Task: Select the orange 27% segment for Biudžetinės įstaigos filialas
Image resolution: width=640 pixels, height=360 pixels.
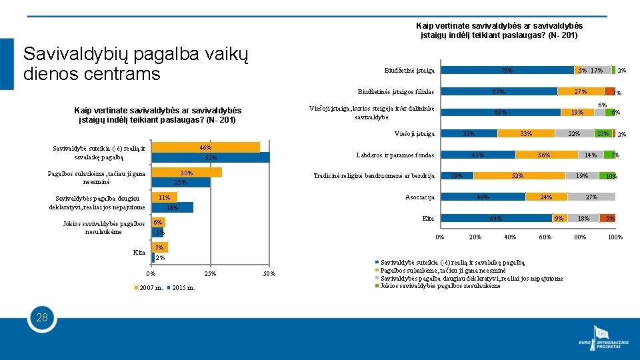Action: tap(580, 91)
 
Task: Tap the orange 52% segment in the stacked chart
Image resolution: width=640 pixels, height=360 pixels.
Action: tap(517, 176)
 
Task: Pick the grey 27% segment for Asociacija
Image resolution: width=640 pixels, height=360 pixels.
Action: tap(591, 197)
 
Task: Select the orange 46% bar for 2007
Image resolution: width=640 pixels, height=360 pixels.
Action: tap(205, 147)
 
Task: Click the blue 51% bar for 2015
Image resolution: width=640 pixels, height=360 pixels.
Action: tap(211, 158)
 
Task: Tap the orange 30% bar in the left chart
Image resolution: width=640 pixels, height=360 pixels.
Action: tap(187, 173)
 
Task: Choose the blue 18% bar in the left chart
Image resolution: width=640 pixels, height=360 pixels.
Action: tap(172, 207)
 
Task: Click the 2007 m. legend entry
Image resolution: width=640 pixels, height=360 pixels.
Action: tap(149, 288)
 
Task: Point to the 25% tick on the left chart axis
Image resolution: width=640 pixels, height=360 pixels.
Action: tap(209, 274)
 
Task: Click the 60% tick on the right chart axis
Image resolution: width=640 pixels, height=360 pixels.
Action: tap(545, 237)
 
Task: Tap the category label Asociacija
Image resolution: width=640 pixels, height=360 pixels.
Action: tap(419, 197)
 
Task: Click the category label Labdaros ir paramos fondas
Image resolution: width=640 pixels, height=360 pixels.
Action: tap(395, 155)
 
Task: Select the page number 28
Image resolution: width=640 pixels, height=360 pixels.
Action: tap(41, 317)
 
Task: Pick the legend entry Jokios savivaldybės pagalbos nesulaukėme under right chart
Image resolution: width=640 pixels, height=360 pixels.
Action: tap(440, 285)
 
